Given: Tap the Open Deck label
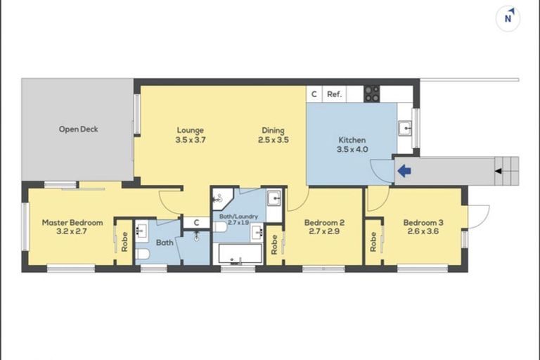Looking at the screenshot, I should (78, 129).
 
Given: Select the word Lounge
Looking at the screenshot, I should (190, 130).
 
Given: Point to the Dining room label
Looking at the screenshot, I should (273, 130).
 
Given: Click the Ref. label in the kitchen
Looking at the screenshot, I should (334, 94).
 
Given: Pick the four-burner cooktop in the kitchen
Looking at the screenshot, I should (371, 94).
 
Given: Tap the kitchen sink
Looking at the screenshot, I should (404, 129).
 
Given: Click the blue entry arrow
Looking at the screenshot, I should (404, 170).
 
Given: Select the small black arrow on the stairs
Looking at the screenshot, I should (498, 171).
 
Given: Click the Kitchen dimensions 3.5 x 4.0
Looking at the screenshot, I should (352, 150).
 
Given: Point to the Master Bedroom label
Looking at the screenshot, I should (72, 223).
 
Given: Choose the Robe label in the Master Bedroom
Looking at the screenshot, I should (124, 242).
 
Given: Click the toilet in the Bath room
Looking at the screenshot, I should (142, 254).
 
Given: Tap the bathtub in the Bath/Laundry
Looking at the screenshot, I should (240, 254).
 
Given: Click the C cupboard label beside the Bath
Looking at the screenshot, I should (196, 223).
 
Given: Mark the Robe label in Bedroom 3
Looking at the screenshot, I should (373, 242).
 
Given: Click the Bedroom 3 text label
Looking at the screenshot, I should (420, 223).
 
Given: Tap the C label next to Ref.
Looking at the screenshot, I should (314, 94).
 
